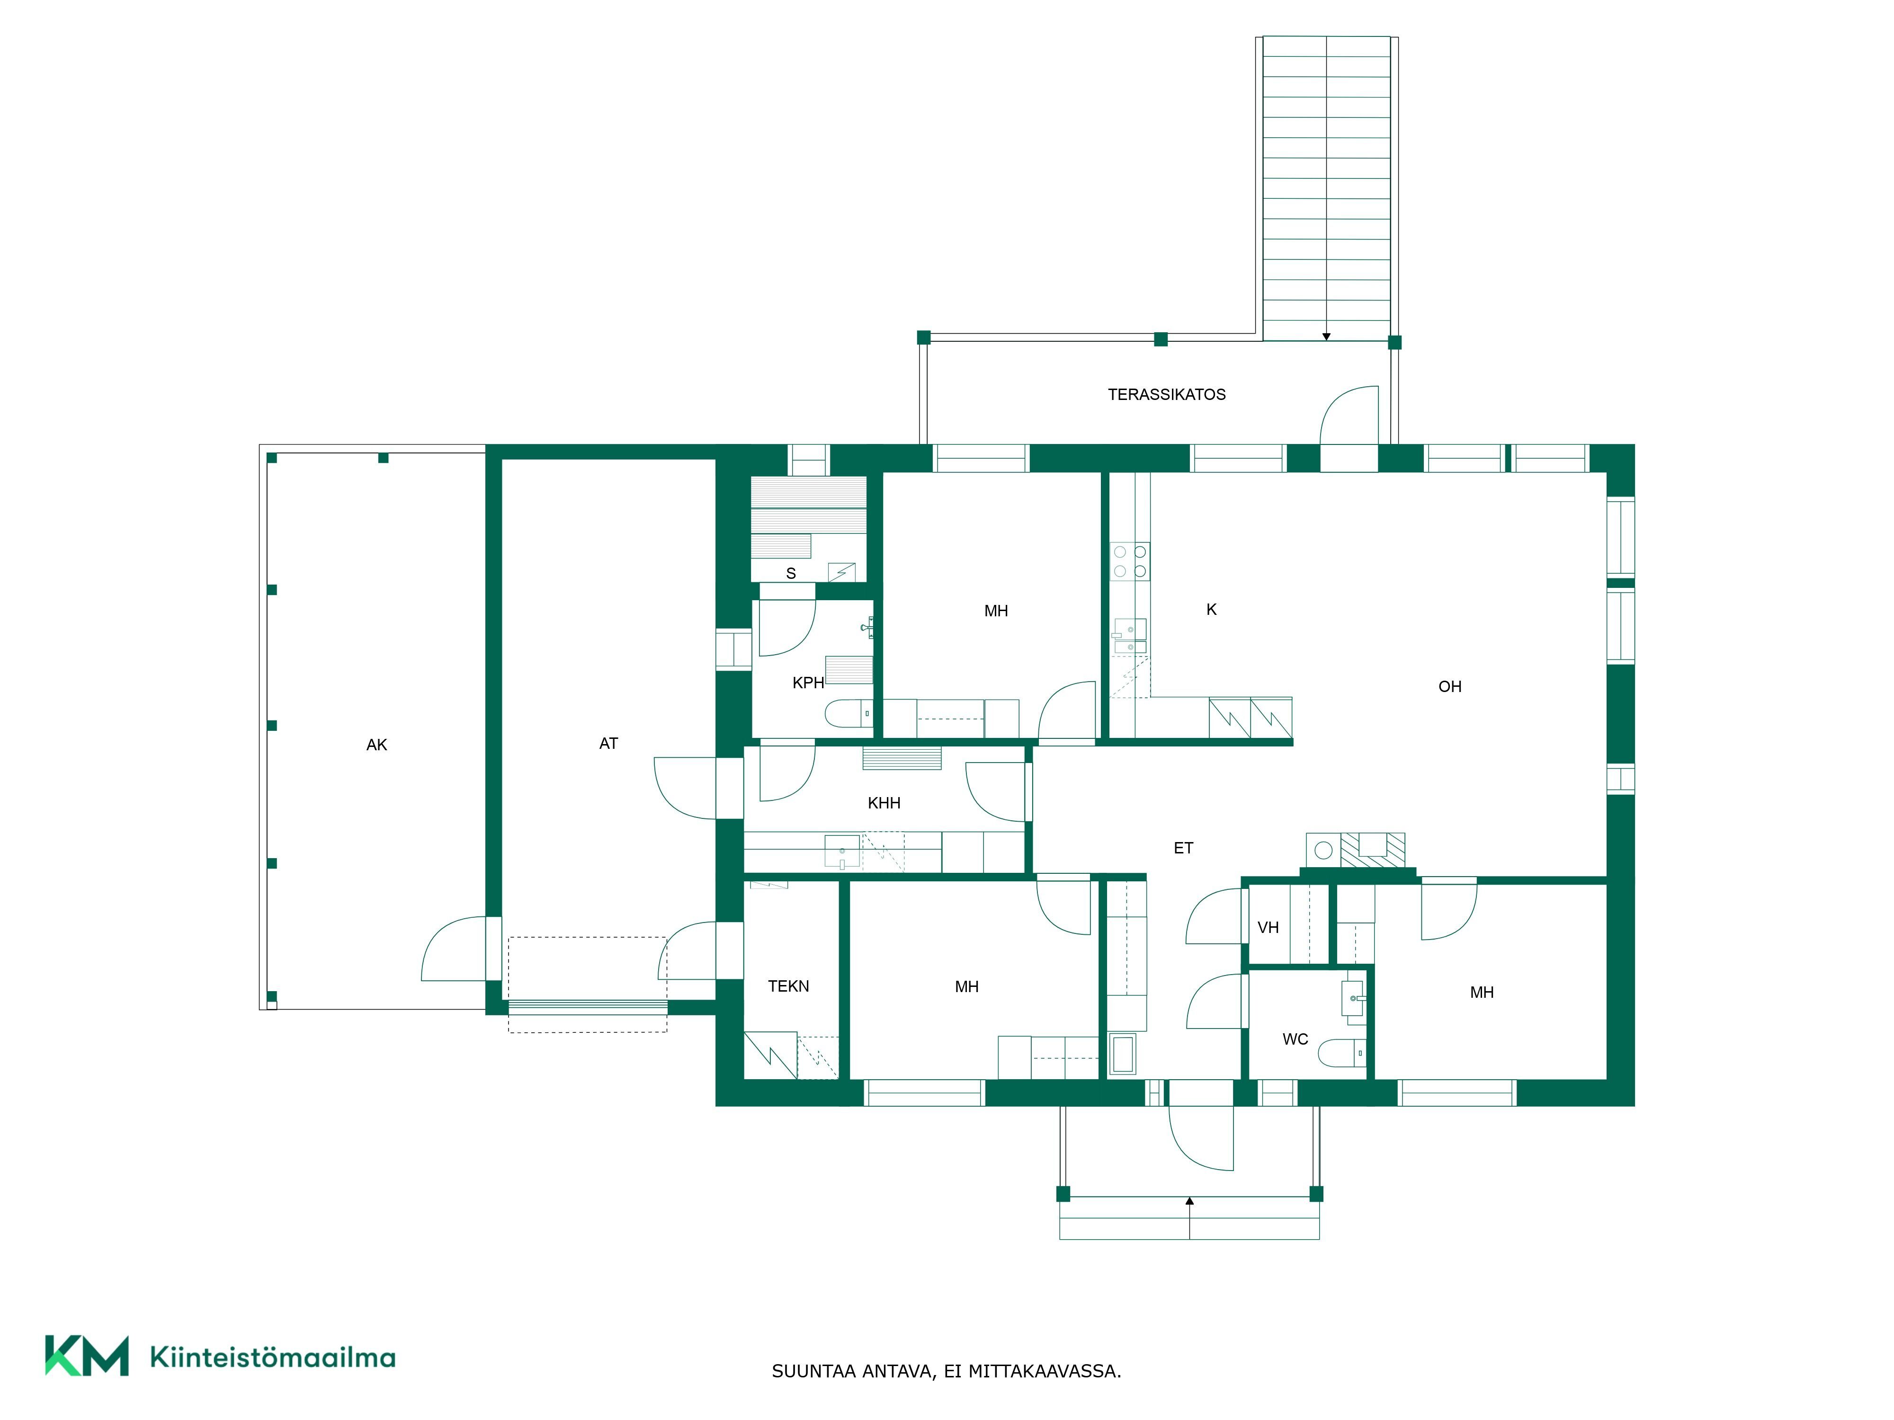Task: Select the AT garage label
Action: click(609, 744)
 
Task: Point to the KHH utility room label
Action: click(884, 803)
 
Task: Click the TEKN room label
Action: click(788, 986)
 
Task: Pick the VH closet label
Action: click(1268, 927)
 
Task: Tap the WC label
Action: click(1295, 1039)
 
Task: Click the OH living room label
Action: click(1449, 686)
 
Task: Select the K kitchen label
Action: click(1212, 610)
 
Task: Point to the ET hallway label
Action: click(1183, 848)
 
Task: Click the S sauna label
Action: click(791, 574)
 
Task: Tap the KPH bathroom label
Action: click(808, 683)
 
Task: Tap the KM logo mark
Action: click(87, 1355)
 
